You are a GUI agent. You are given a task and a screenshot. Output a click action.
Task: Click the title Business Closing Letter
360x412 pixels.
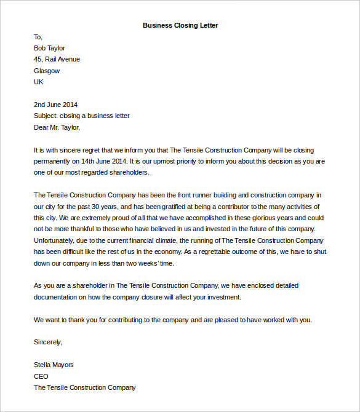click(x=180, y=25)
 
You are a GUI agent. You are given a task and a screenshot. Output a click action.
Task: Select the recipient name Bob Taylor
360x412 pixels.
click(x=49, y=48)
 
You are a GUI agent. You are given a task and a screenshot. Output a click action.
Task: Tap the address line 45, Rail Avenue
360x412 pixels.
click(x=57, y=59)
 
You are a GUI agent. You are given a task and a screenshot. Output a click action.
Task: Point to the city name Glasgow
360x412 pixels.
click(x=47, y=71)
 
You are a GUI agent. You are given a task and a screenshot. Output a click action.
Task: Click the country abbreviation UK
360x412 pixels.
click(x=39, y=82)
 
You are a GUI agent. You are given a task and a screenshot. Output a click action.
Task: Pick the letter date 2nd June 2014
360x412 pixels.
click(x=55, y=105)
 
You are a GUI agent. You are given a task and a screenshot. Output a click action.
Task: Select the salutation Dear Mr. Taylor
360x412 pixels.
click(x=57, y=127)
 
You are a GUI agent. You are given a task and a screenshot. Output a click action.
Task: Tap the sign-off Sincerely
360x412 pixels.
click(x=47, y=342)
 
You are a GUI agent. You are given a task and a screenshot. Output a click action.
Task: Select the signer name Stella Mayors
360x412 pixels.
click(x=54, y=365)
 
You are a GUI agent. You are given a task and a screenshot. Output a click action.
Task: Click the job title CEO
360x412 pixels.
click(x=41, y=376)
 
